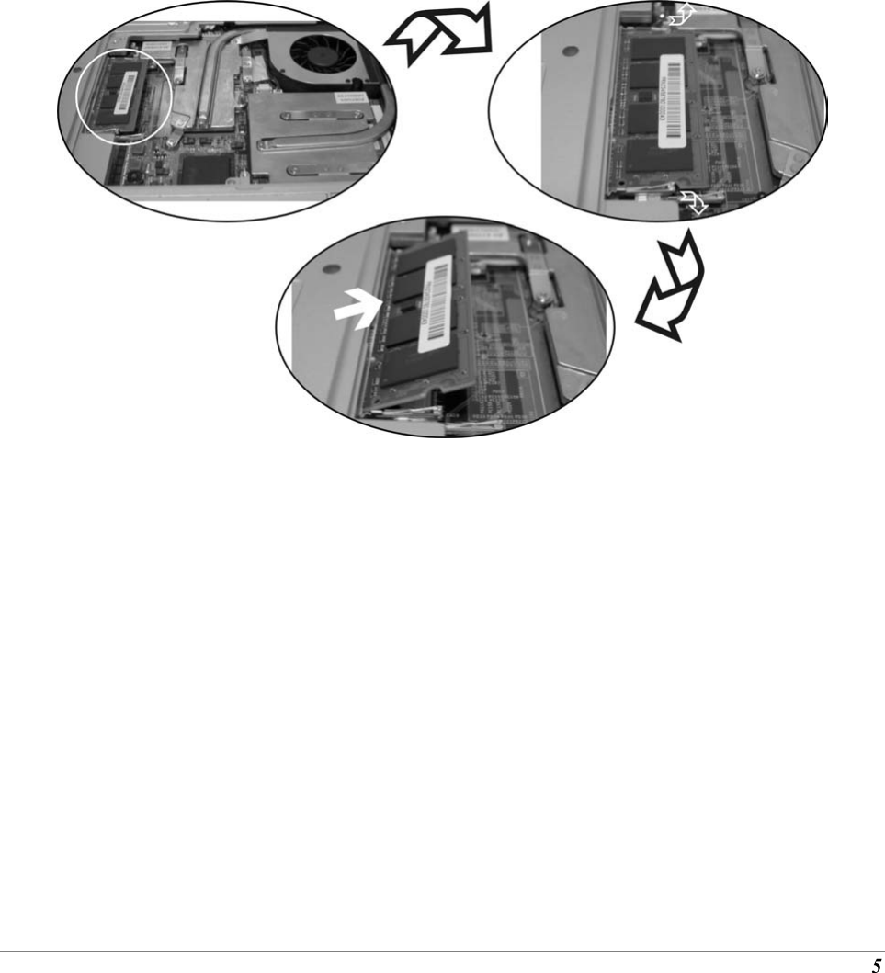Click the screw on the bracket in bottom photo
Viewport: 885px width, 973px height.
[544, 296]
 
